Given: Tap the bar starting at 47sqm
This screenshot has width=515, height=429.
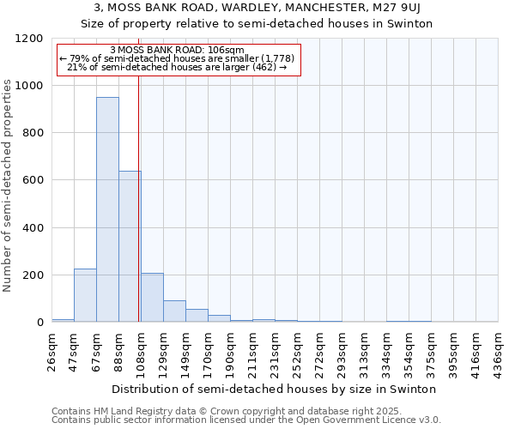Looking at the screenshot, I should [x=85, y=295].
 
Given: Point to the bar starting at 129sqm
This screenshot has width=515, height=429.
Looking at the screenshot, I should [x=174, y=311].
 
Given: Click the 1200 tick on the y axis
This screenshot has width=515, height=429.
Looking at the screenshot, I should [x=29, y=39].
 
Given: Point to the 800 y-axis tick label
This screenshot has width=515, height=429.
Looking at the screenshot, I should [x=33, y=133].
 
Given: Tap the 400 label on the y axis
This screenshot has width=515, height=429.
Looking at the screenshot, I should [x=33, y=228].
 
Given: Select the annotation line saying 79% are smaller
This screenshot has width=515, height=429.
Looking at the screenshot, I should [x=178, y=58].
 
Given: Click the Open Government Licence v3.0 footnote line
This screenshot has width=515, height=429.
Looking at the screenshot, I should [x=246, y=420].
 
